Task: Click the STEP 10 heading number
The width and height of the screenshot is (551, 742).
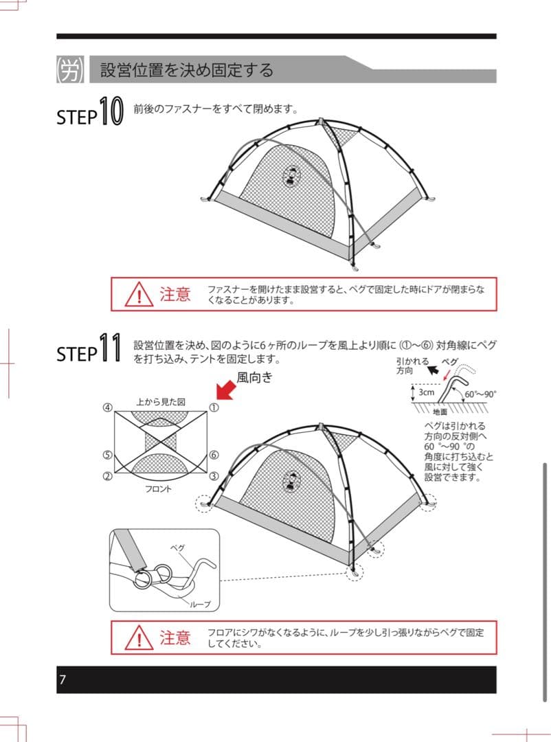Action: pyautogui.click(x=110, y=112)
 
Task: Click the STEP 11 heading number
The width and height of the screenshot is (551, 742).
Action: pyautogui.click(x=110, y=348)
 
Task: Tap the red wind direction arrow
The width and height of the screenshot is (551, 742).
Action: pyautogui.click(x=225, y=390)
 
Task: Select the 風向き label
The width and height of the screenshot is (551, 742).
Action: pyautogui.click(x=255, y=376)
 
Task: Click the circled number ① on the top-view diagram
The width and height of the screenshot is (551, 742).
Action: pyautogui.click(x=214, y=407)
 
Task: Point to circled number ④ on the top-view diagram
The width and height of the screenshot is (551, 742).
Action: pyautogui.click(x=107, y=407)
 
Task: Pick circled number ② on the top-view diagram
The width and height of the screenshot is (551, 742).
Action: pyautogui.click(x=107, y=476)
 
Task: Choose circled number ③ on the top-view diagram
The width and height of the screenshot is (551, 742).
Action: pyautogui.click(x=214, y=476)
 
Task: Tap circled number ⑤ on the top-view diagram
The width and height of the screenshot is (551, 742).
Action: pyautogui.click(x=107, y=455)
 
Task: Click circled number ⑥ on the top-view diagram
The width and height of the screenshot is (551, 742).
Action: pyautogui.click(x=214, y=455)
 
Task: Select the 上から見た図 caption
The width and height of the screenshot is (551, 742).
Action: pyautogui.click(x=161, y=401)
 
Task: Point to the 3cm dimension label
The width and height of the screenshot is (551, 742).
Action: pyautogui.click(x=427, y=392)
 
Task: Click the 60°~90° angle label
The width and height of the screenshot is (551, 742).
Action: pyautogui.click(x=481, y=395)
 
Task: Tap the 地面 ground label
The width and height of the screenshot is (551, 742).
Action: pyautogui.click(x=440, y=412)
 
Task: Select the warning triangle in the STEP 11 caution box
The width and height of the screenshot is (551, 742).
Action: pyautogui.click(x=138, y=638)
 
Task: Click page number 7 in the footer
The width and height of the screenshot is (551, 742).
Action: pyautogui.click(x=63, y=680)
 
